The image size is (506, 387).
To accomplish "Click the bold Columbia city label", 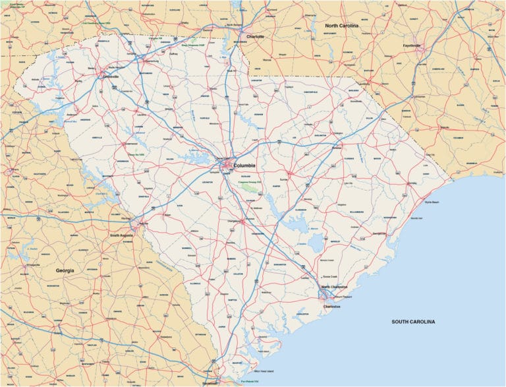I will point(245,165).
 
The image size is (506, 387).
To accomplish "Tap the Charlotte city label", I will point(255,37).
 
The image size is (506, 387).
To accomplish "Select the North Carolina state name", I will point(341,25).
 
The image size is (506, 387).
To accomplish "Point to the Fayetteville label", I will point(416,45).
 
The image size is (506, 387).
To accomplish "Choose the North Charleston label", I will point(335,287).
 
